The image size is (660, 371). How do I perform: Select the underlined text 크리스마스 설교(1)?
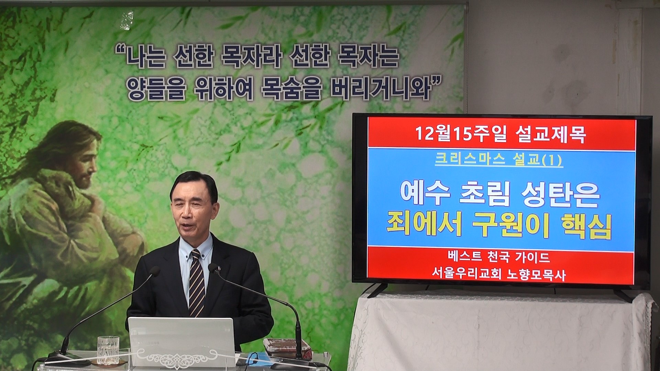498,160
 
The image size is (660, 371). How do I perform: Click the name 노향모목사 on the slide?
536,275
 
